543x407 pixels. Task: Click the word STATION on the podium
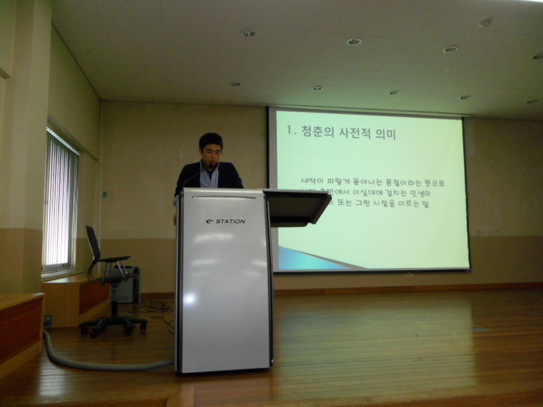(231, 222)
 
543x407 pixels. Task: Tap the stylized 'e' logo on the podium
(209, 222)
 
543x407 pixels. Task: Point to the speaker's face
(212, 153)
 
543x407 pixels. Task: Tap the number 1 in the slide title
(290, 130)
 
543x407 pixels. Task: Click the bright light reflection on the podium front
(189, 298)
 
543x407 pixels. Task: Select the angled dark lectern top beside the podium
(297, 207)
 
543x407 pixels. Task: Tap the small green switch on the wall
(105, 194)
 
